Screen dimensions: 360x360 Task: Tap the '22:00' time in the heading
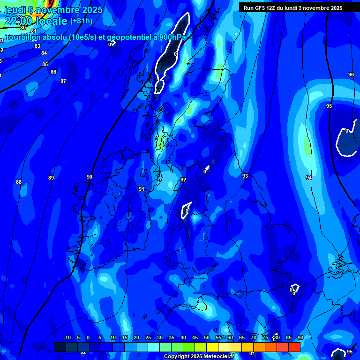(x=20, y=21)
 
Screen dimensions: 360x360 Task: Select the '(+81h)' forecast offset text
(x=81, y=21)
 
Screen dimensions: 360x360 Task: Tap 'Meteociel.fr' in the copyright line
(x=219, y=357)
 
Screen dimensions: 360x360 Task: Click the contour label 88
(x=19, y=182)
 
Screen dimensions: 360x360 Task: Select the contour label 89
(x=51, y=178)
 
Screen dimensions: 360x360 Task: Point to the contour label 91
(x=141, y=189)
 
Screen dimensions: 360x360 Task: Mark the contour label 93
(x=245, y=176)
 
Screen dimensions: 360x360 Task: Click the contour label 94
(x=308, y=178)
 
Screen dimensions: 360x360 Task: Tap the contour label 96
(x=351, y=75)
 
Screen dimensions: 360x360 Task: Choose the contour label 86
(x=53, y=72)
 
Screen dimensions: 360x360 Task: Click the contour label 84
(x=44, y=53)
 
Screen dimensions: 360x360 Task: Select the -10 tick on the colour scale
(x=67, y=338)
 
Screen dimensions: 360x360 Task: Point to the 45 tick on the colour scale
(x=195, y=338)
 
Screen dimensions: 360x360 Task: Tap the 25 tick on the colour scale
(x=148, y=338)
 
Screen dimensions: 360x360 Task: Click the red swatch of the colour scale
(x=294, y=347)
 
